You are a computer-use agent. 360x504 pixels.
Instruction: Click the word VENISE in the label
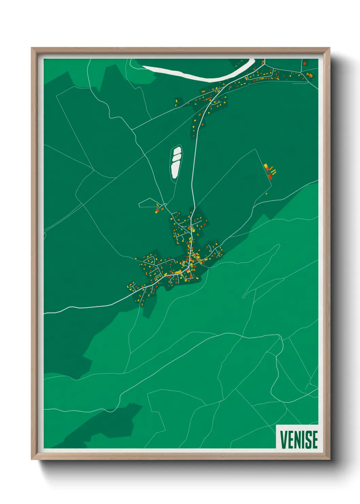click(x=299, y=439)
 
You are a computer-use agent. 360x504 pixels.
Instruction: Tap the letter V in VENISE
click(x=283, y=439)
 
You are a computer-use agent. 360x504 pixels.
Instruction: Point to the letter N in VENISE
click(x=296, y=439)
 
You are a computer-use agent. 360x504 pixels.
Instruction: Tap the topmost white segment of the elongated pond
click(x=177, y=150)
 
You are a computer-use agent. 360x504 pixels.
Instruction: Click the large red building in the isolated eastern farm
click(x=269, y=176)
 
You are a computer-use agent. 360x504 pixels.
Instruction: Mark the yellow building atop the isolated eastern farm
click(x=266, y=166)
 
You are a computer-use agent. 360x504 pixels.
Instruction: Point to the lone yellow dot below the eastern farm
click(x=266, y=194)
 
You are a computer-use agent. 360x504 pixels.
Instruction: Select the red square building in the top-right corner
click(x=305, y=63)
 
